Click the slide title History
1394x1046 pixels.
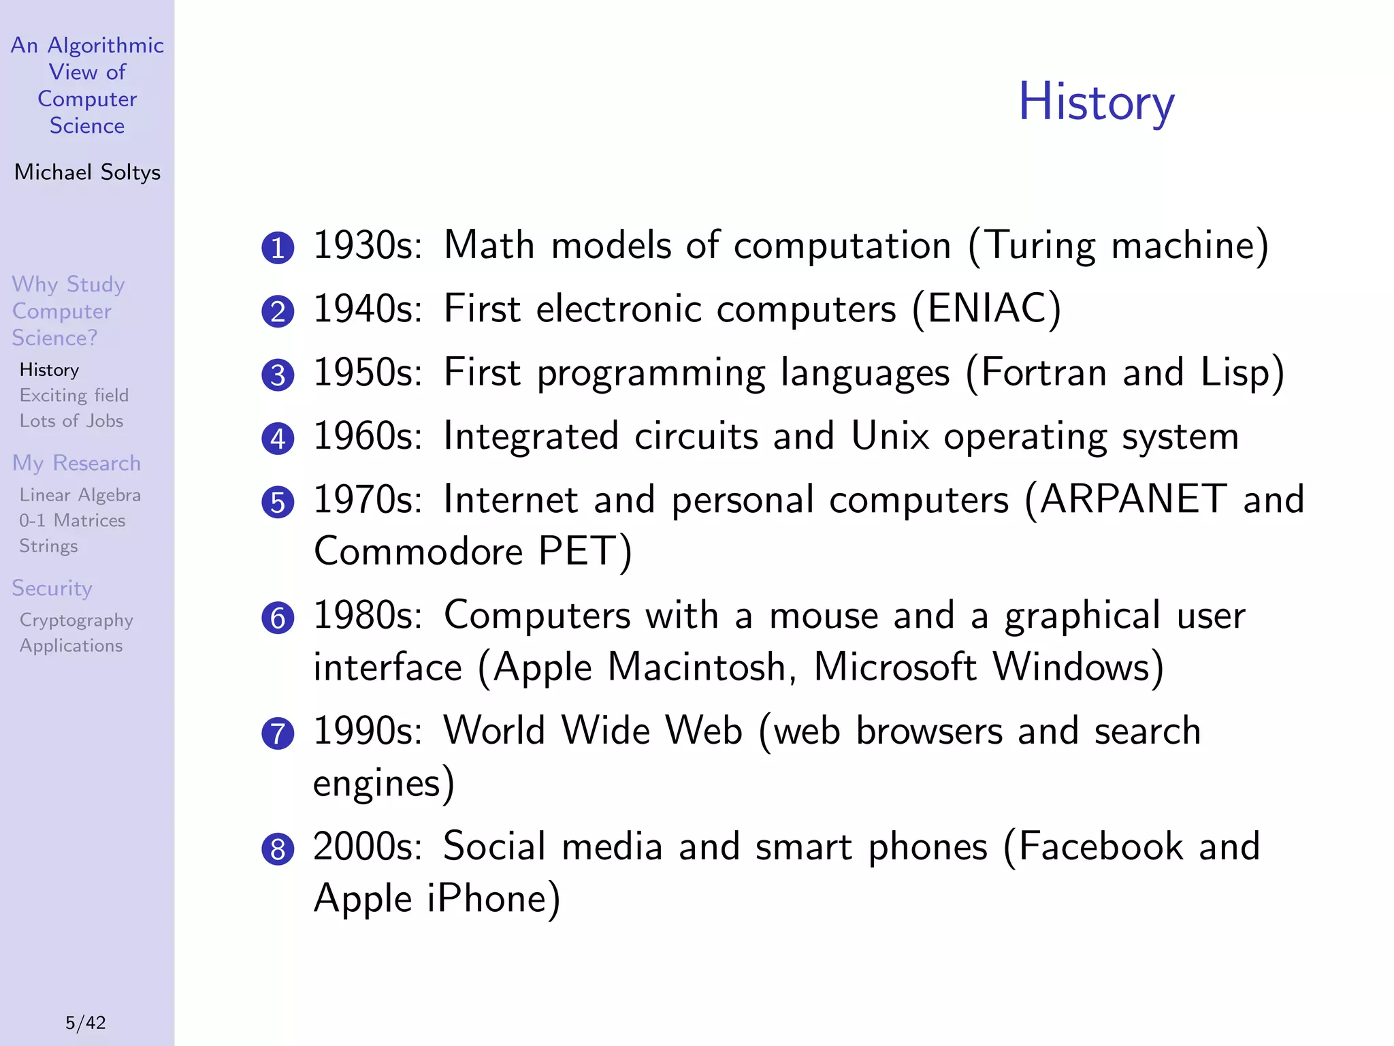pos(1096,102)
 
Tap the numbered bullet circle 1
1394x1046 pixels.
pos(278,248)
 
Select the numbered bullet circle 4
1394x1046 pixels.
pos(278,439)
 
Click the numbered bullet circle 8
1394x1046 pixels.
pos(278,849)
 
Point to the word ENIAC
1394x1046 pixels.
pos(986,308)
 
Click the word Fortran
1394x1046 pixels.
pos(1043,373)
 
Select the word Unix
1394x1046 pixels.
pos(890,436)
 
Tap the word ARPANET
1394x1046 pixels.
pos(1133,499)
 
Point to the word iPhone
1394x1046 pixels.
pos(487,898)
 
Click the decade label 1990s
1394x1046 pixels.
pos(368,731)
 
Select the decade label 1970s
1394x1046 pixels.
pos(368,499)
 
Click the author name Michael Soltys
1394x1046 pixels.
pos(87,172)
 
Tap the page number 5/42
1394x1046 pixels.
pos(86,1022)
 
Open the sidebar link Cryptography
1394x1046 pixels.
pos(76,620)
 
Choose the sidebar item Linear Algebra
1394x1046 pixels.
pos(80,495)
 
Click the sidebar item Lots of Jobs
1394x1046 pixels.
pos(71,421)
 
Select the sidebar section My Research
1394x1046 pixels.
pos(76,463)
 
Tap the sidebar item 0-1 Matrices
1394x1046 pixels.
pos(72,520)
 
